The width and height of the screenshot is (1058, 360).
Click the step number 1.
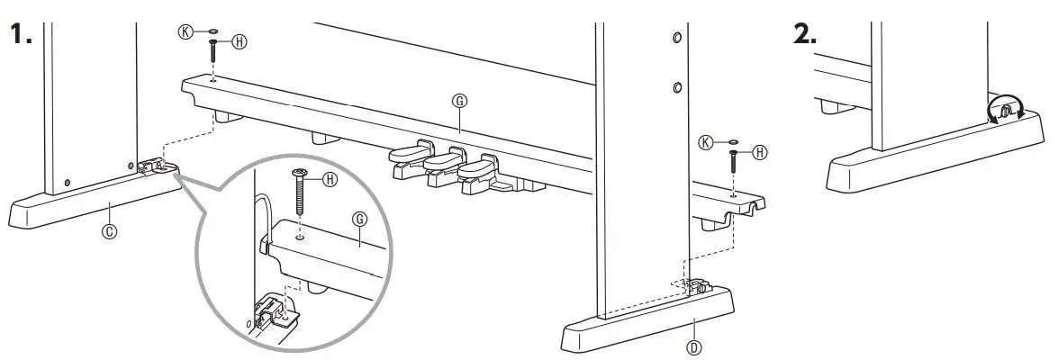click(x=20, y=35)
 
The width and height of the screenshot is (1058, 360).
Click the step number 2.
click(x=804, y=35)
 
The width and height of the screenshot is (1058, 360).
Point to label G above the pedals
click(x=459, y=102)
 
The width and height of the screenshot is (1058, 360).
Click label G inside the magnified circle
click(x=360, y=218)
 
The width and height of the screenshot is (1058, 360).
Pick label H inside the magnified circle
click(x=330, y=180)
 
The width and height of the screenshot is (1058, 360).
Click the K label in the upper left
click(x=185, y=30)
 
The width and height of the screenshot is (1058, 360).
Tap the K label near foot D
click(x=707, y=141)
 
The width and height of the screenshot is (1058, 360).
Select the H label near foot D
click(x=760, y=152)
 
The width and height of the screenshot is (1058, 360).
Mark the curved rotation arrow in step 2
click(x=1005, y=111)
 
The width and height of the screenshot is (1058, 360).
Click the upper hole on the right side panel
click(x=677, y=40)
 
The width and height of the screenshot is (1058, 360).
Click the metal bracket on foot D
click(x=694, y=288)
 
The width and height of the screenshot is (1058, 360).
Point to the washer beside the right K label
click(x=733, y=142)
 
